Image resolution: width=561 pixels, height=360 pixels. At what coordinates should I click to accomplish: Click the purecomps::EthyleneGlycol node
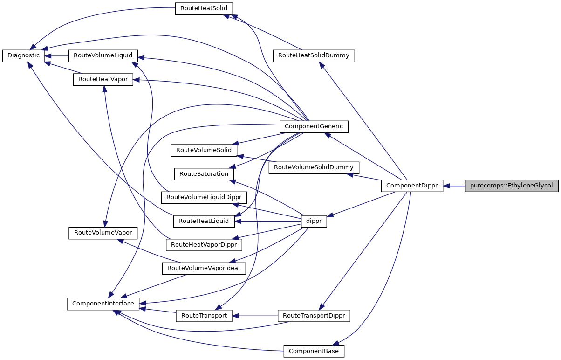point(511,186)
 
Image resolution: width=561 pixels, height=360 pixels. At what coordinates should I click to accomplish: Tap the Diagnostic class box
point(24,55)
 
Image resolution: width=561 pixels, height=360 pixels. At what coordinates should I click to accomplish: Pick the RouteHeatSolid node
point(204,8)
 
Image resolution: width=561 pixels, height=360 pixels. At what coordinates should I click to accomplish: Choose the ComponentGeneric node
point(314,126)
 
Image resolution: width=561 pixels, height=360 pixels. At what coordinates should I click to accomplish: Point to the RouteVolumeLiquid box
point(103,55)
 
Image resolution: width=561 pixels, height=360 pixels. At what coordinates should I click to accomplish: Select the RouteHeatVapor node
point(103,80)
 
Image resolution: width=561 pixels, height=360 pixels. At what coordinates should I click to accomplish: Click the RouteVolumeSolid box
point(204,151)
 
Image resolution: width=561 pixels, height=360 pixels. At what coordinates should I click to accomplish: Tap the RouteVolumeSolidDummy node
point(314,167)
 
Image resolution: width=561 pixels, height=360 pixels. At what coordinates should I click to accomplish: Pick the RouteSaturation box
point(204,174)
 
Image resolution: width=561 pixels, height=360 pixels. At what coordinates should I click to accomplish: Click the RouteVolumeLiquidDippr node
point(203,197)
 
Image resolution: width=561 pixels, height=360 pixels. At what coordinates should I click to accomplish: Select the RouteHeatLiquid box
point(204,221)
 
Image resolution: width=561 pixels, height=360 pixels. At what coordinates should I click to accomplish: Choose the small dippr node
point(314,221)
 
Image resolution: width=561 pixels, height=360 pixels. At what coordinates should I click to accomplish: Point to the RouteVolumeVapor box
point(103,233)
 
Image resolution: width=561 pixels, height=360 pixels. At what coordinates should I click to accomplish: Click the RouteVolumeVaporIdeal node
point(203,268)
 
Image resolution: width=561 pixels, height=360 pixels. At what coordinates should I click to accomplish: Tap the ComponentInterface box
point(103,304)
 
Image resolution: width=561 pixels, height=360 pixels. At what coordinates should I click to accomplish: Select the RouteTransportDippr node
point(314,316)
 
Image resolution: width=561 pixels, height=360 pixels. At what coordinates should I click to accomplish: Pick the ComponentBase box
point(314,351)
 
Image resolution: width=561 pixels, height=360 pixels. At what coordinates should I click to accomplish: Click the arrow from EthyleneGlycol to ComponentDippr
point(454,186)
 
